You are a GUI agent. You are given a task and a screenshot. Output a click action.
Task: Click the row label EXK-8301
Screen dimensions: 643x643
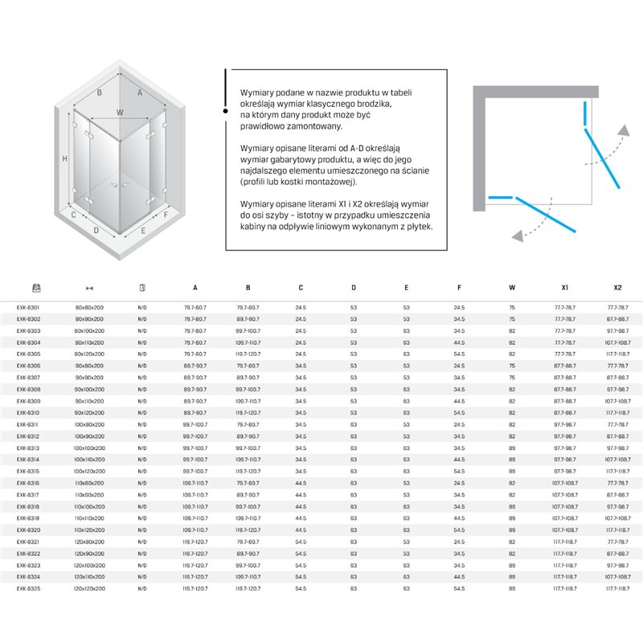pos(29,307)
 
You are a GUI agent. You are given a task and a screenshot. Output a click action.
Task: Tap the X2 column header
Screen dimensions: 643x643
pos(617,287)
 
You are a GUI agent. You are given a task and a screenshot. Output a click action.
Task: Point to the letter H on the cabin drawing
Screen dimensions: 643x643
pos(63,158)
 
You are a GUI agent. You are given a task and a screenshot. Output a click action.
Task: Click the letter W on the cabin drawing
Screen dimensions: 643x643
pos(121,113)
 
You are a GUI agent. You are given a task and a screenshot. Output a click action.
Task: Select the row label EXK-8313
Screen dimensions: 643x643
pos(29,448)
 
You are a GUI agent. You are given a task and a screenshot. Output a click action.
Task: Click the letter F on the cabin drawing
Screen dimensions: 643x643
pos(166,215)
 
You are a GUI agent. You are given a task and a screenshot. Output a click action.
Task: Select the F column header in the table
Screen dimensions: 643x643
pos(459,287)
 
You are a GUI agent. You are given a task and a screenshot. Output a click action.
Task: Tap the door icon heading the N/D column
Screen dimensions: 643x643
pos(142,287)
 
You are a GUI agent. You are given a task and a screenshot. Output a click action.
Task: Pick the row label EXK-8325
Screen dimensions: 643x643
pos(29,588)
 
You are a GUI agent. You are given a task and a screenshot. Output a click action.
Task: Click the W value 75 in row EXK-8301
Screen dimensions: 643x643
pos(512,307)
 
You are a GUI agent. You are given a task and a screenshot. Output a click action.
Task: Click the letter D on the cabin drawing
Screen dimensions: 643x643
pos(96,231)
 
